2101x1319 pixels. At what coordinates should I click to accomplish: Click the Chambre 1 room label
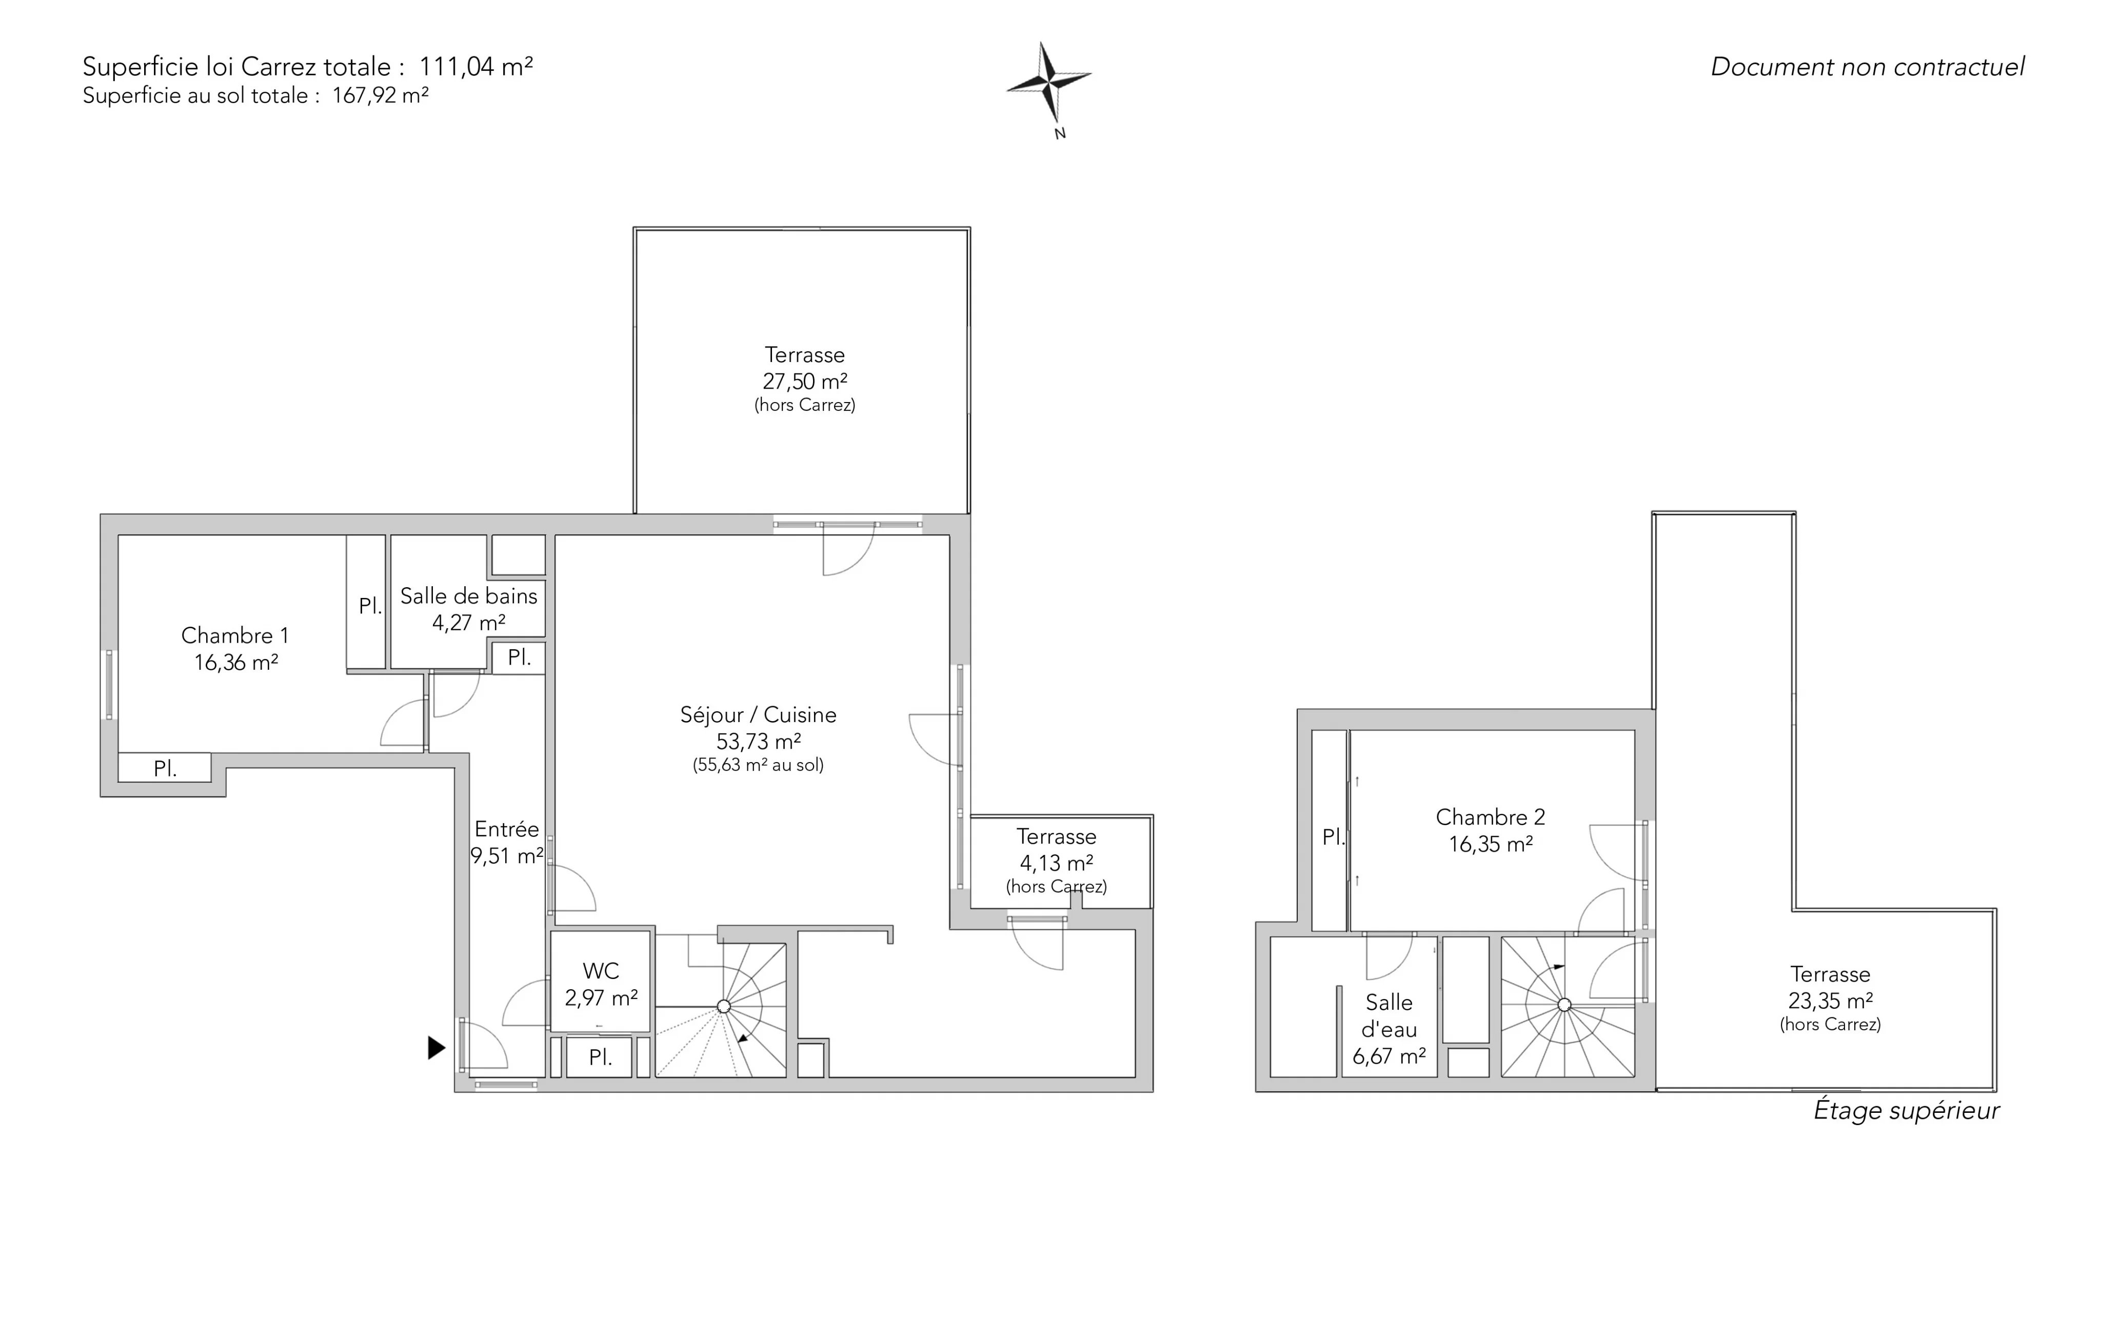(235, 635)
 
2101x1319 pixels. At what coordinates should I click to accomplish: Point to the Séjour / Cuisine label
(758, 714)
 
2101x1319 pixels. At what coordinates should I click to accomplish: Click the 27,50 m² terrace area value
(804, 381)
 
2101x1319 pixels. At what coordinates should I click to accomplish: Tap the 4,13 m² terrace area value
(1057, 863)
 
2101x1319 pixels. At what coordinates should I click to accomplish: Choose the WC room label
(601, 971)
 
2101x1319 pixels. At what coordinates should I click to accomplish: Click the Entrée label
(507, 829)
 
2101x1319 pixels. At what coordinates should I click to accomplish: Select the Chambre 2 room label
(1490, 817)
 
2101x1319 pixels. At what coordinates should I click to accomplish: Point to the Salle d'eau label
(1389, 1016)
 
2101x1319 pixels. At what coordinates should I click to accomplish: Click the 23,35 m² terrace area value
(1831, 1001)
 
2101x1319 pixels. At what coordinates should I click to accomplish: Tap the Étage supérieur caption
(1907, 1110)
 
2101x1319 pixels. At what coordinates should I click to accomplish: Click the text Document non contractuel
(1867, 67)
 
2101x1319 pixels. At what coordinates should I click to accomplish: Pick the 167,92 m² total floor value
(381, 95)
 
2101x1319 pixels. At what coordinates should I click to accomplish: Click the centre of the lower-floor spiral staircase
(723, 1007)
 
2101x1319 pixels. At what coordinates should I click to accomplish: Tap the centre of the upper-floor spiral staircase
(1564, 1005)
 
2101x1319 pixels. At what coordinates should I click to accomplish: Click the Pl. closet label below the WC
(600, 1057)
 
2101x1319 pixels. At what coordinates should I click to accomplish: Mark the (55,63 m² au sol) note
(758, 765)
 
